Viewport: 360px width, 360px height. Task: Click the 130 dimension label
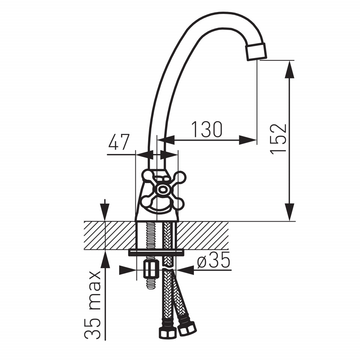tap(207, 129)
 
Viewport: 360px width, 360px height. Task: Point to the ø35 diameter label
tap(213, 260)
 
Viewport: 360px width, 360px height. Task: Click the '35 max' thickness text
tap(93, 305)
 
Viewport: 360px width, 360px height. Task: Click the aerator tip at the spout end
tap(256, 52)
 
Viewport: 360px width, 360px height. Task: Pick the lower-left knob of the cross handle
tap(147, 201)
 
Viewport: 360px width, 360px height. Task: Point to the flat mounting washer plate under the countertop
tap(156, 252)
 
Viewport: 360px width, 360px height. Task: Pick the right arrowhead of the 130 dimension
tap(247, 140)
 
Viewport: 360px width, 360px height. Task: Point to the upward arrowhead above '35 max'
tap(105, 259)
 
